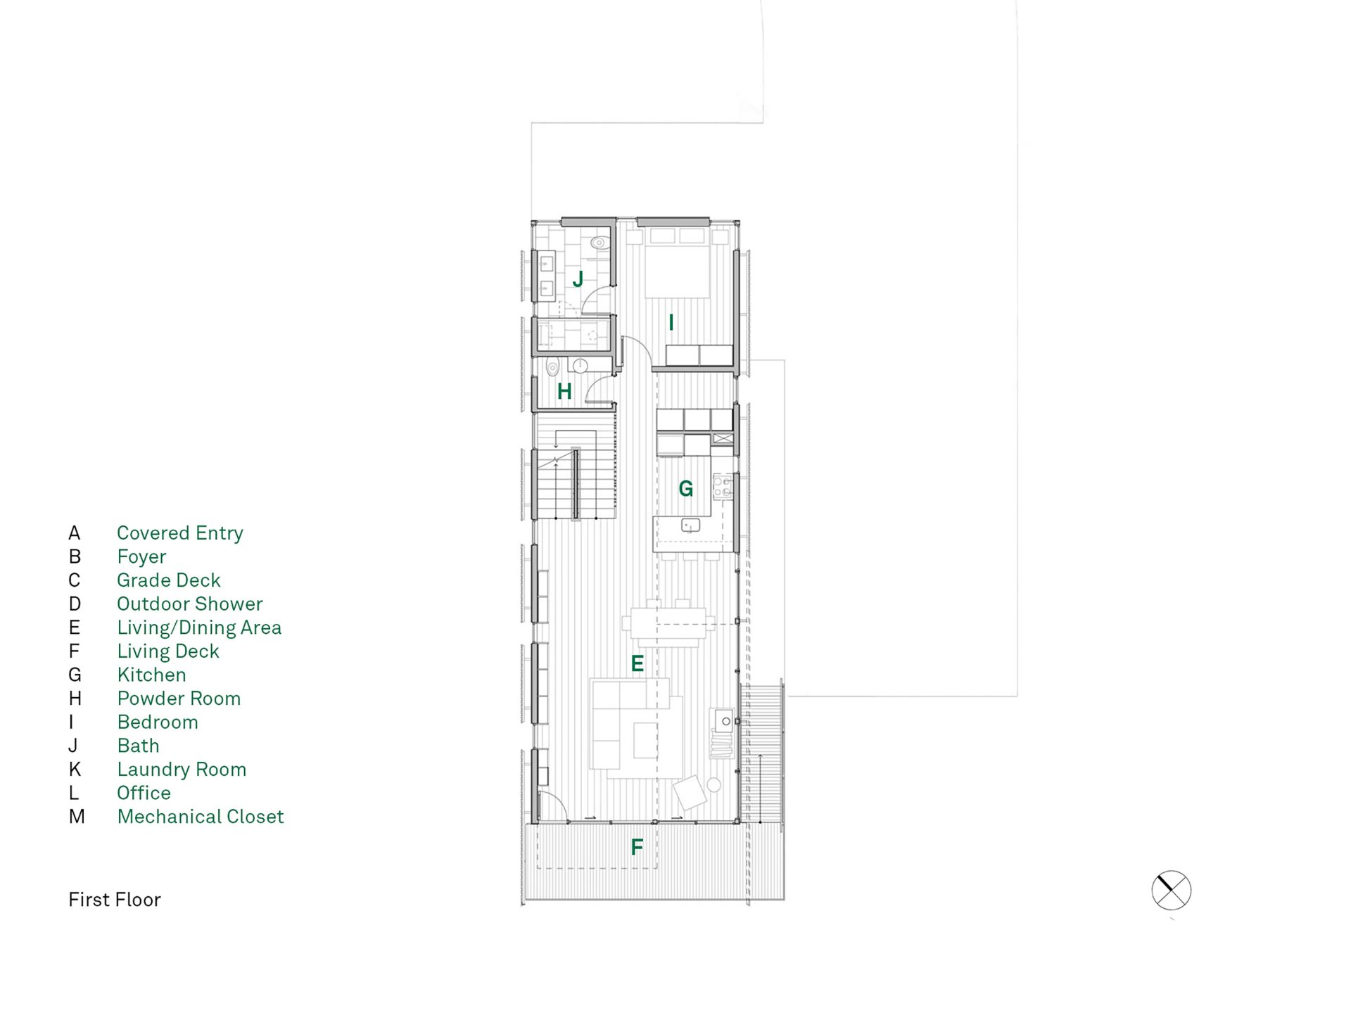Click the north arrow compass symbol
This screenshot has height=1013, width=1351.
coord(1171,891)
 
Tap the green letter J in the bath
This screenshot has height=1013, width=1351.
coord(578,279)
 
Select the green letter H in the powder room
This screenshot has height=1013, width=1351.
coord(564,391)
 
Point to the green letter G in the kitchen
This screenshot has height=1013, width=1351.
coord(685,488)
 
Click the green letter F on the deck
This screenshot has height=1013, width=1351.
coord(637,847)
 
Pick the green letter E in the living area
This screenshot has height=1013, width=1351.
coord(637,663)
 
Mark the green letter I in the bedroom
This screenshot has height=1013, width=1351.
coord(671,323)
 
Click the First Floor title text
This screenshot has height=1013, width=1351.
coord(115,900)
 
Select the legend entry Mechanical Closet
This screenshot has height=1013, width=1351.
coord(201,817)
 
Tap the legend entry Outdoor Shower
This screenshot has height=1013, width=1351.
coord(190,604)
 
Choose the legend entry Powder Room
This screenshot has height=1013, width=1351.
coord(179,699)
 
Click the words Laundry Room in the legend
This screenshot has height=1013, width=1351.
coord(182,770)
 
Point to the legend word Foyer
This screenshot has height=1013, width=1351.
coord(141,557)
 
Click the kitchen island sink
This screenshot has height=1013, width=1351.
coord(690,525)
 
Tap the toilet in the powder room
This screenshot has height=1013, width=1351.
coord(553,367)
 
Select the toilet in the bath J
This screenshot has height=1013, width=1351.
coord(600,243)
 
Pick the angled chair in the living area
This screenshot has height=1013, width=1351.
coord(690,794)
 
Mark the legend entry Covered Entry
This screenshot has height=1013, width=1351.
coord(180,533)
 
